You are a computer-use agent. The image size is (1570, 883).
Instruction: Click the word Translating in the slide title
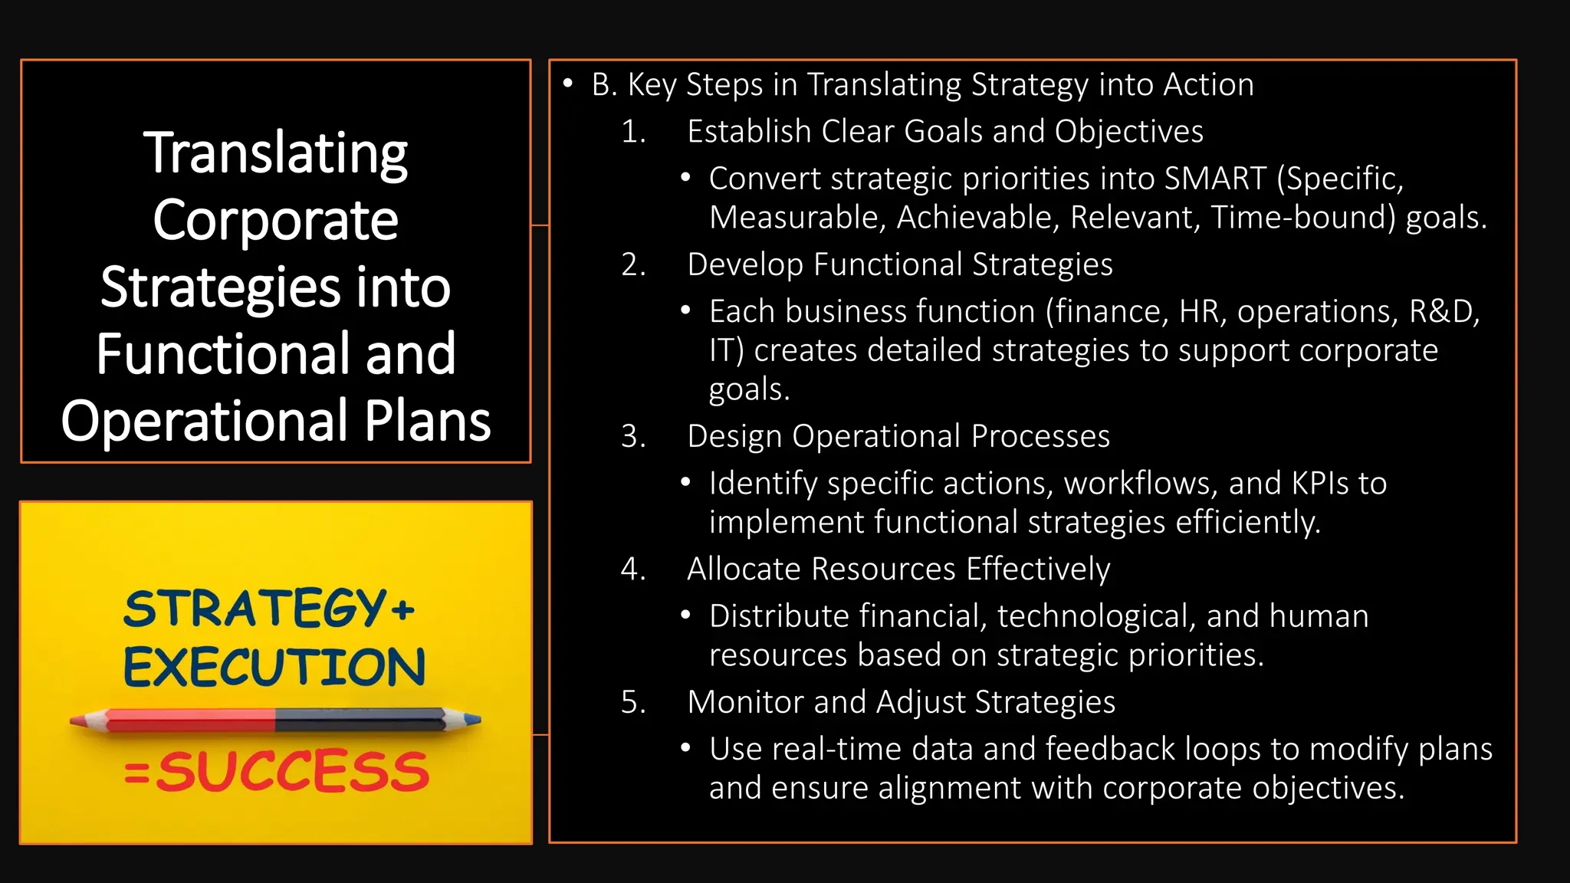tap(275, 154)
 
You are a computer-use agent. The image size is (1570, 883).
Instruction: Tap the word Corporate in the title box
tap(275, 221)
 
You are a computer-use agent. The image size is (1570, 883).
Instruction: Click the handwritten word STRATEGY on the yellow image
tap(255, 609)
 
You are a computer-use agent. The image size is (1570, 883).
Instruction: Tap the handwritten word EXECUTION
tap(274, 666)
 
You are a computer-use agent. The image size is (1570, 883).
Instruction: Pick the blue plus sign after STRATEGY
tap(402, 611)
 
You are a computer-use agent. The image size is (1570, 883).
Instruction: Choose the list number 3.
tap(632, 436)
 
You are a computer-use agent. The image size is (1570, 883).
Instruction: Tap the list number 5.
tap(632, 702)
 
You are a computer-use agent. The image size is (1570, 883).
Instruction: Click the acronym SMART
tap(1215, 179)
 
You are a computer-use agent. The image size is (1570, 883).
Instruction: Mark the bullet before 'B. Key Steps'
tap(568, 83)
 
